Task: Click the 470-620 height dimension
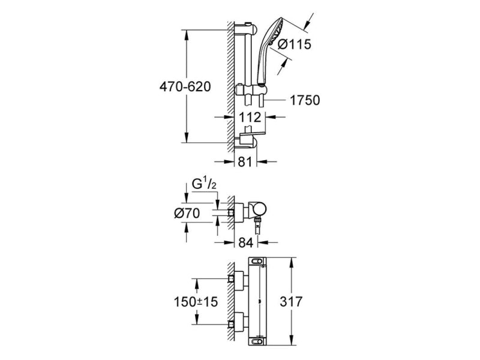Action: pyautogui.click(x=184, y=87)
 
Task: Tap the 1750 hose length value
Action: pyautogui.click(x=305, y=101)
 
